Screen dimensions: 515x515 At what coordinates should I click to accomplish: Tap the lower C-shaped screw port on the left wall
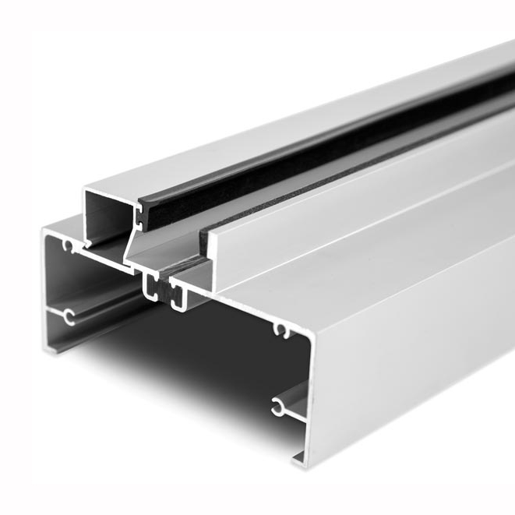click(69, 316)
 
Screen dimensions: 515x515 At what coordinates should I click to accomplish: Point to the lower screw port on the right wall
click(278, 406)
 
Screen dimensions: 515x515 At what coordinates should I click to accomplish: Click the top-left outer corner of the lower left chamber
click(45, 230)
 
